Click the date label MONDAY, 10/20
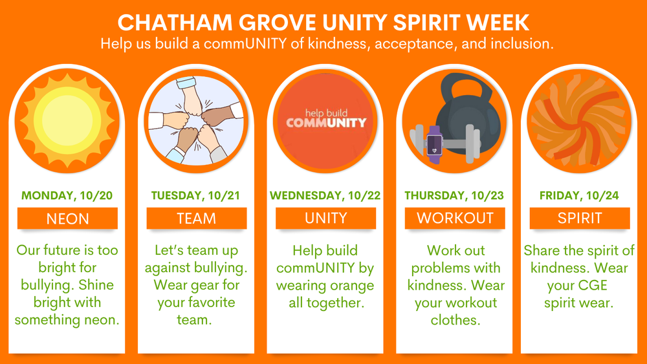tap(67, 195)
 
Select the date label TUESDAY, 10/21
tap(197, 195)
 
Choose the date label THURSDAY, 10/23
tap(454, 195)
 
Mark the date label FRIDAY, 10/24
tap(580, 195)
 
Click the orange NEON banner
tap(67, 219)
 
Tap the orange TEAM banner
tap(197, 219)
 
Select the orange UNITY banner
tap(326, 219)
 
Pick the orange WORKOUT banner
tap(454, 219)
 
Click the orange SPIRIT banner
tap(580, 219)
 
